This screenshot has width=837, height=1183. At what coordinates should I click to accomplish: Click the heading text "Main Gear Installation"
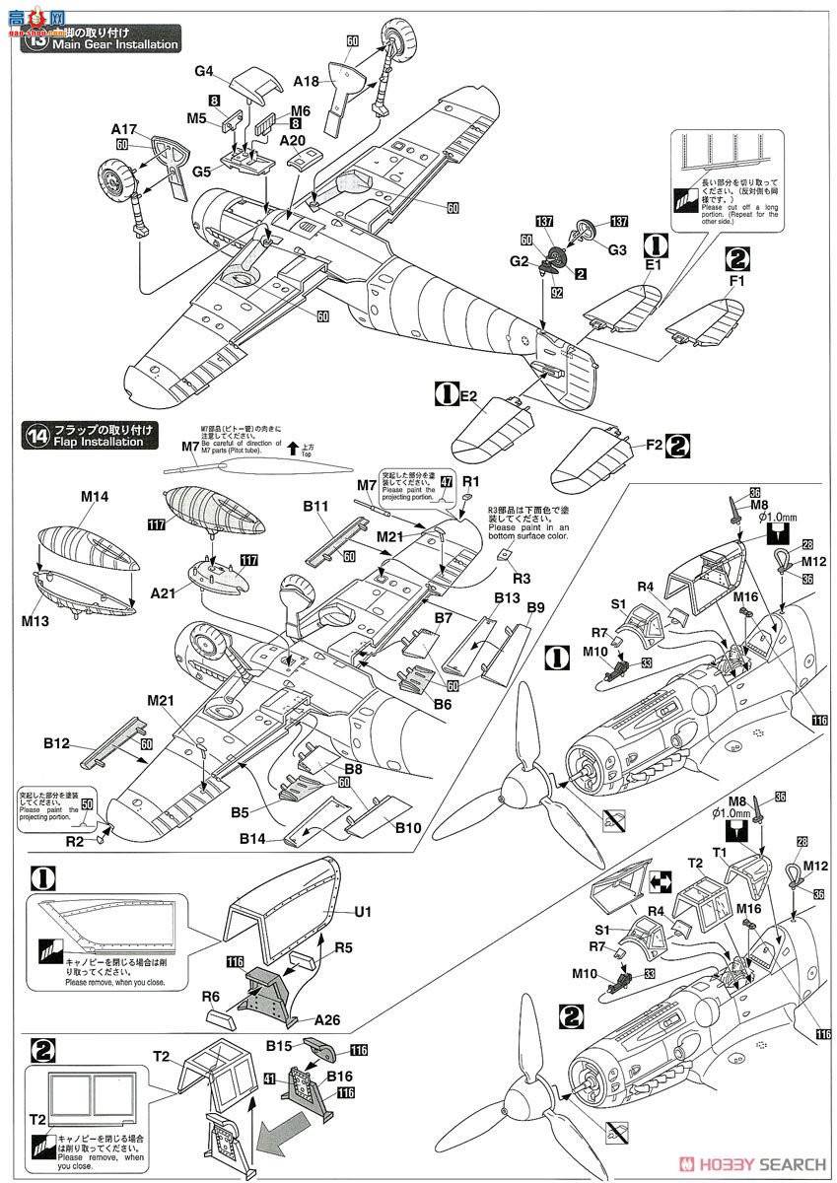[115, 44]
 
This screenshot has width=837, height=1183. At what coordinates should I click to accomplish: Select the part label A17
[124, 129]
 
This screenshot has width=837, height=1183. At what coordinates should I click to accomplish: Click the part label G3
[617, 250]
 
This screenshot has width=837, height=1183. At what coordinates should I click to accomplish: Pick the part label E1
[653, 264]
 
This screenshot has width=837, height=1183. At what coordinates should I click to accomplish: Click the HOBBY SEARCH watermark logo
[748, 1161]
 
